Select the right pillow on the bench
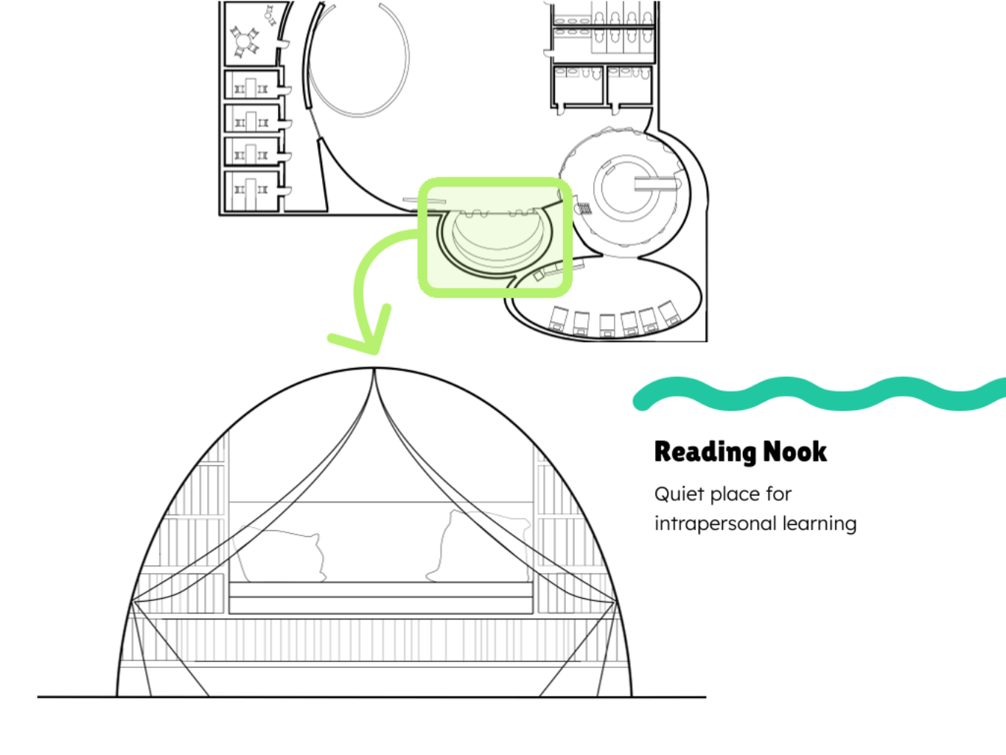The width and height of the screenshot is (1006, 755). pyautogui.click(x=479, y=546)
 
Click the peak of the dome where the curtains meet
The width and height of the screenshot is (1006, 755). pyautogui.click(x=374, y=369)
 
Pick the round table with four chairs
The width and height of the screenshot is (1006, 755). pyautogui.click(x=244, y=42)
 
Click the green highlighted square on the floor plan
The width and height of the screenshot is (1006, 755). pyautogui.click(x=495, y=237)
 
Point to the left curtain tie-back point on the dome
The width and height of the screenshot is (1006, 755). pyautogui.click(x=133, y=601)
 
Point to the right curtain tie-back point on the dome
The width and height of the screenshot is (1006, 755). pyautogui.click(x=615, y=601)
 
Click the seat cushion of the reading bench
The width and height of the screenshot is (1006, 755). pyautogui.click(x=381, y=590)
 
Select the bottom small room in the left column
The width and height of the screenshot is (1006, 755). pyautogui.click(x=251, y=191)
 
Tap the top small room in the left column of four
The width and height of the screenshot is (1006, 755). pyautogui.click(x=251, y=84)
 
